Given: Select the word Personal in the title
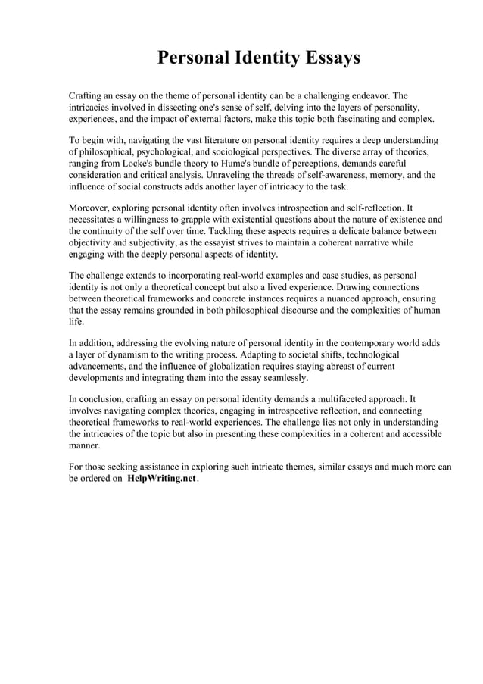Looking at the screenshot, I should (189, 58).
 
